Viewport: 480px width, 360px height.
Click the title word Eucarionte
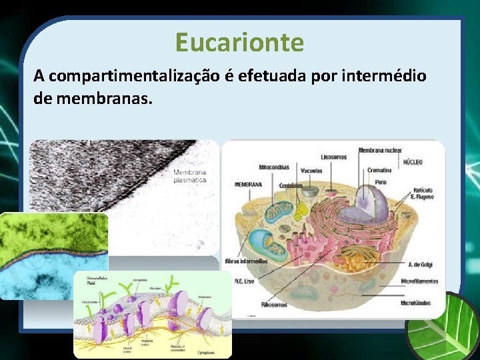(239, 43)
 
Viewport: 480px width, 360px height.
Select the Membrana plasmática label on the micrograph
(190, 176)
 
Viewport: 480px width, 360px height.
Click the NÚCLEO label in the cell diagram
(411, 162)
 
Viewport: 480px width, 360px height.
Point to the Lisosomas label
(334, 157)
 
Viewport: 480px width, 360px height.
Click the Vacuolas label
(311, 171)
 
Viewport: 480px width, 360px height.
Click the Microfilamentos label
(419, 282)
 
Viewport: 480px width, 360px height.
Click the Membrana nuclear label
(380, 151)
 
